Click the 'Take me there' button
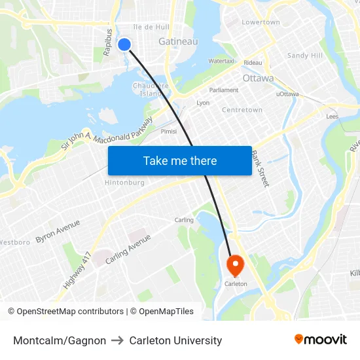[x=180, y=161]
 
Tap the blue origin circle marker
[x=124, y=44]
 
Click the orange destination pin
[x=234, y=265]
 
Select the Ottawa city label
[x=258, y=78]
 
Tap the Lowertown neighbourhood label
[x=261, y=22]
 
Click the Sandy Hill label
[x=305, y=56]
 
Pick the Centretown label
[x=242, y=110]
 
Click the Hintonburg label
[x=124, y=183]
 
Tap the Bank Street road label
[x=261, y=169]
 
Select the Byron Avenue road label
[x=58, y=231]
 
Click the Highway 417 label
[x=77, y=271]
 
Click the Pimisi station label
[x=169, y=131]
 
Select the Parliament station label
[x=224, y=90]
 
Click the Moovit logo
[x=321, y=340]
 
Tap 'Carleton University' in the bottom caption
[x=175, y=340]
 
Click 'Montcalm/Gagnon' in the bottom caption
[x=60, y=340]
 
